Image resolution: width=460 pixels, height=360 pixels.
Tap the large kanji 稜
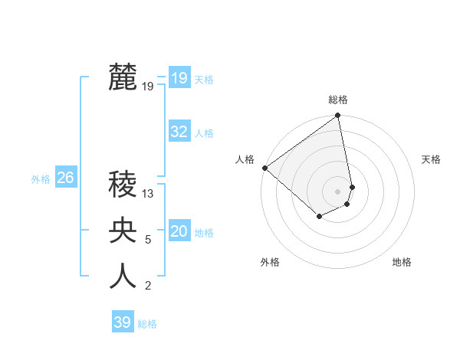point(123,184)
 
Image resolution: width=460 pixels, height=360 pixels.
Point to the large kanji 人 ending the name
point(123,277)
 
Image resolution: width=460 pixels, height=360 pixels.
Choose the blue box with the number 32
point(179,132)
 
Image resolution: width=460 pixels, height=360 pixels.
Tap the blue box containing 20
point(179,231)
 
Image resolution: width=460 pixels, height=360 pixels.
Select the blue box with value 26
point(65,178)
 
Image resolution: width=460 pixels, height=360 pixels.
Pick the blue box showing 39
point(123,322)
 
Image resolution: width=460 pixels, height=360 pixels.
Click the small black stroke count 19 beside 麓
point(148,87)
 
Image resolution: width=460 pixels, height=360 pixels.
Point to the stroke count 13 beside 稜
point(148,194)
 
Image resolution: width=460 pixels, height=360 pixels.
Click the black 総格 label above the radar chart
point(338,100)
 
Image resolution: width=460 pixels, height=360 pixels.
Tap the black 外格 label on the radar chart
point(270,262)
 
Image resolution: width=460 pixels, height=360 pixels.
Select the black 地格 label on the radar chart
point(402,262)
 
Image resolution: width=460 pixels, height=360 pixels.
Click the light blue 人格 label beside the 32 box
point(204,133)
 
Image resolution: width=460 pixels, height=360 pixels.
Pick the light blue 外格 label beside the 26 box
point(41,179)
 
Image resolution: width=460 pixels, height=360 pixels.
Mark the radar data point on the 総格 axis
point(337,116)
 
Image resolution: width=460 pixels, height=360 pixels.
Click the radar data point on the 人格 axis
point(264,168)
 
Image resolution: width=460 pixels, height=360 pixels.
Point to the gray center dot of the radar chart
point(338,191)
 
